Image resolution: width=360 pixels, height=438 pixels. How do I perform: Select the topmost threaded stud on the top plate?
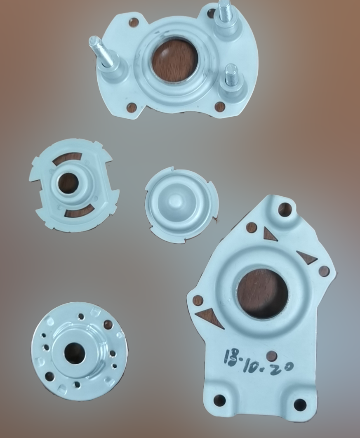tap(227, 17)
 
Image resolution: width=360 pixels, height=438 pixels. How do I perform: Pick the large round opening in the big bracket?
tap(261, 293)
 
